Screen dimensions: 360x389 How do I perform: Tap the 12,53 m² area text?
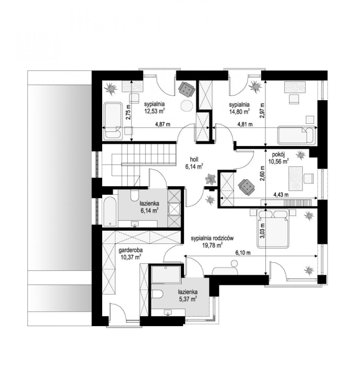[x=154, y=111]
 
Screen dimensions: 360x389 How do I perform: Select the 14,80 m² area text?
[x=239, y=112]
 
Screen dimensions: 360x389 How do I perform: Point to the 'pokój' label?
[x=278, y=155]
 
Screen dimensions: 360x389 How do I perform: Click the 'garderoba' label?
[x=131, y=250]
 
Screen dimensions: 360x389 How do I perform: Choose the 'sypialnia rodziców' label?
[x=212, y=238]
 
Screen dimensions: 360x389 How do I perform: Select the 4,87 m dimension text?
[x=163, y=124]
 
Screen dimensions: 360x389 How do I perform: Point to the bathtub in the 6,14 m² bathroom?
[x=110, y=211]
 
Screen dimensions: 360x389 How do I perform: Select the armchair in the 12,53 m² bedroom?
[x=186, y=89]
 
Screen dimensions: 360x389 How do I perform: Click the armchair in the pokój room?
[x=247, y=187]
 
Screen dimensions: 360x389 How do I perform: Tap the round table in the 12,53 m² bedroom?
[x=187, y=106]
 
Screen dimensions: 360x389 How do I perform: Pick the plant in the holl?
[x=210, y=179]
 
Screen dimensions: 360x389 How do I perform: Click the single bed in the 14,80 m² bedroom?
[x=296, y=135]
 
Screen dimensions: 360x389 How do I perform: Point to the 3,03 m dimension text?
[x=263, y=230]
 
